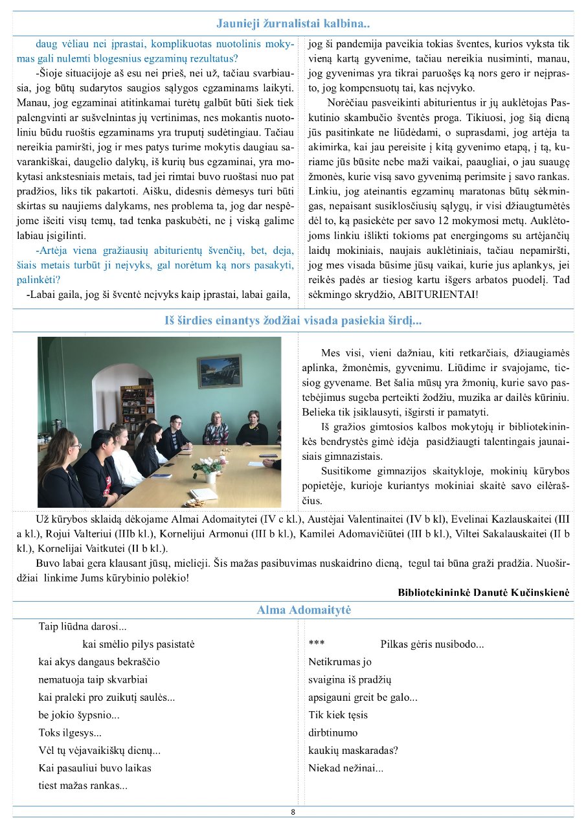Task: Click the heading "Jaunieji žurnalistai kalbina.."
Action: point(293,25)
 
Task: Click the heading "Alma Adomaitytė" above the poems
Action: point(304,610)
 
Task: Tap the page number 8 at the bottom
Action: point(293,812)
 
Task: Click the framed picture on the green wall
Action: point(220,371)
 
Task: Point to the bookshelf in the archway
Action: point(137,402)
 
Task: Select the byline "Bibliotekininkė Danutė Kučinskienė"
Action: point(484,592)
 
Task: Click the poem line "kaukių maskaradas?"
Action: point(354,751)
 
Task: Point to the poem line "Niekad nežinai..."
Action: point(346,769)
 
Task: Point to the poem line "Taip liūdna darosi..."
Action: point(82,626)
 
